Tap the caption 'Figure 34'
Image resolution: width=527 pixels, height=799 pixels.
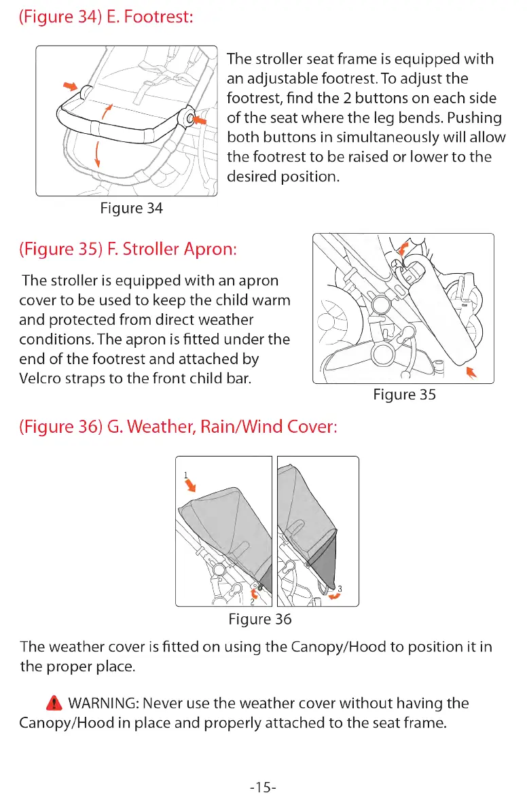(x=131, y=209)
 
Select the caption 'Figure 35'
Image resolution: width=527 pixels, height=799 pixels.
(x=404, y=395)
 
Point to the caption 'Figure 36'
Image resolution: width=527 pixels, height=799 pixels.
(x=260, y=619)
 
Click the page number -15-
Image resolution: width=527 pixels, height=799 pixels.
(x=263, y=787)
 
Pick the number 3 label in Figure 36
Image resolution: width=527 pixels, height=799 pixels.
(x=340, y=588)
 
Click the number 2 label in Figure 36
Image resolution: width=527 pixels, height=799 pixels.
(x=251, y=601)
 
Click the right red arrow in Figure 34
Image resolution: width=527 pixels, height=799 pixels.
(x=201, y=121)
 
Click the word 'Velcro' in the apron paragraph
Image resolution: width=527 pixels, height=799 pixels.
(x=41, y=378)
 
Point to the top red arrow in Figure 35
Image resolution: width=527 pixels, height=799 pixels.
(x=404, y=247)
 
